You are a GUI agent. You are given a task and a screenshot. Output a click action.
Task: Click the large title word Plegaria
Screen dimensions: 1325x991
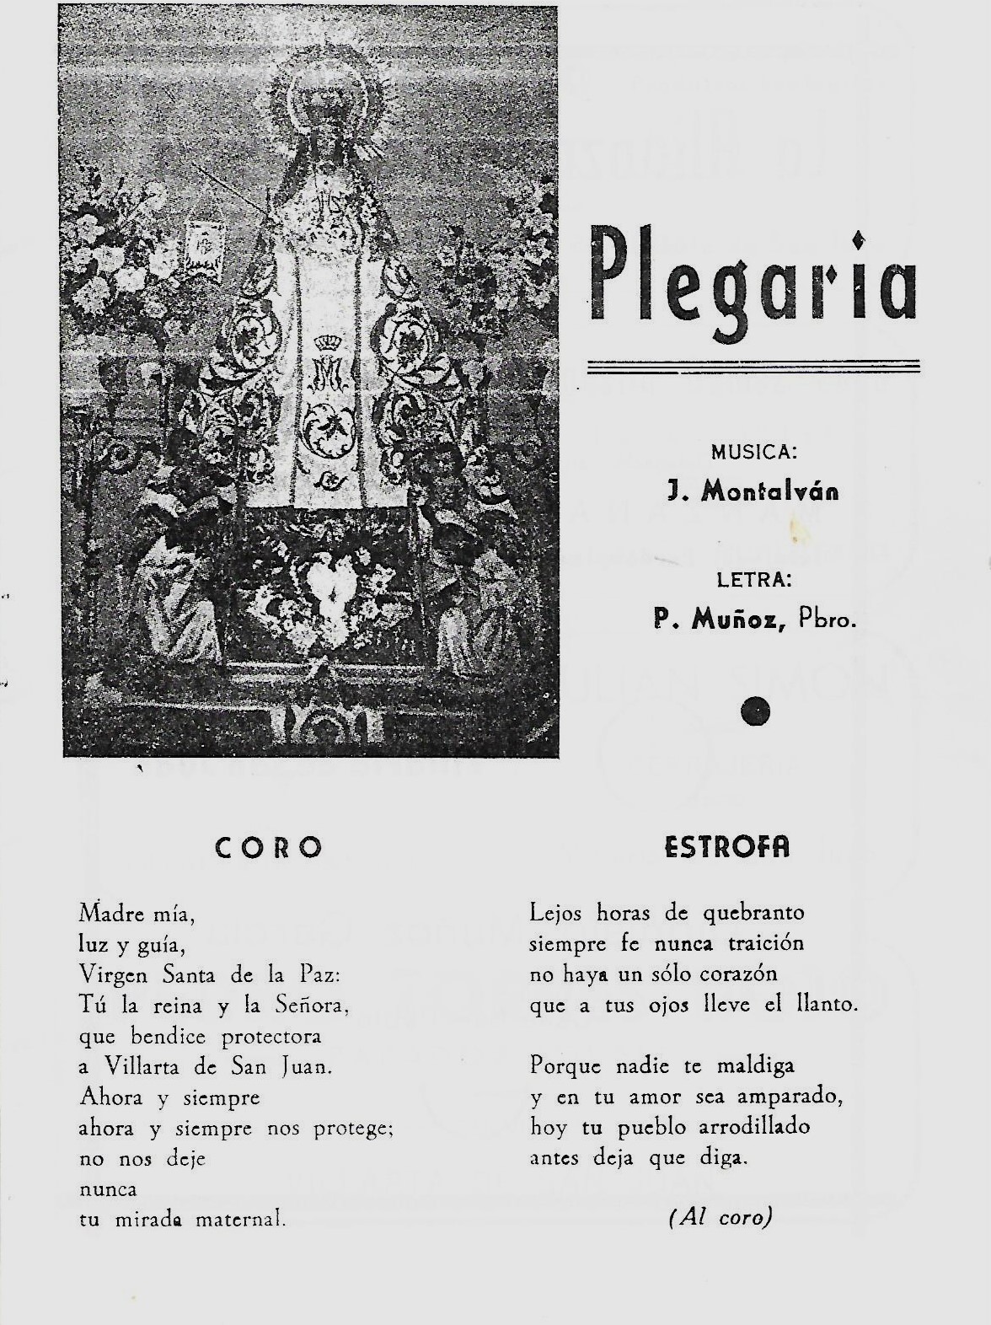pyautogui.click(x=753, y=278)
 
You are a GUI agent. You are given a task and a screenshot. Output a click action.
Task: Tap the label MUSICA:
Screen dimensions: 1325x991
pyautogui.click(x=753, y=452)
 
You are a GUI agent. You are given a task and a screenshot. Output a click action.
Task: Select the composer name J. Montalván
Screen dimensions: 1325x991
pyautogui.click(x=753, y=492)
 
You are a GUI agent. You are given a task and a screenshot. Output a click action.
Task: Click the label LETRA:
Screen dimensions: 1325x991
pyautogui.click(x=753, y=580)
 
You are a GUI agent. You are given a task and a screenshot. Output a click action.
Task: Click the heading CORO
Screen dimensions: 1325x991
pyautogui.click(x=269, y=848)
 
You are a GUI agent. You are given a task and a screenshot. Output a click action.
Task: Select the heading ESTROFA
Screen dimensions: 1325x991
pyautogui.click(x=727, y=848)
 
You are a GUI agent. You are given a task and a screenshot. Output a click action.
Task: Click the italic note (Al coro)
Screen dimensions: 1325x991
pyautogui.click(x=720, y=1217)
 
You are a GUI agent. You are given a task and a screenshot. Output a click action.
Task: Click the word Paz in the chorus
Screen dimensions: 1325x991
pyautogui.click(x=319, y=974)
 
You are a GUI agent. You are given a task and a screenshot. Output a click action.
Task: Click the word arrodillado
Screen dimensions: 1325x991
pyautogui.click(x=747, y=1127)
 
